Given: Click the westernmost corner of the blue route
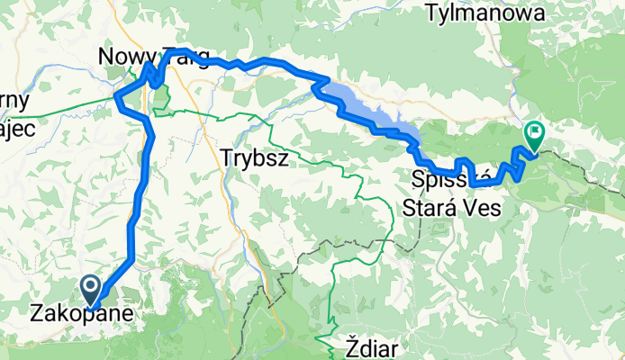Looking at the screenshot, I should coord(116,98).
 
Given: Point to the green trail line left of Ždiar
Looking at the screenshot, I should coord(332,306).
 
